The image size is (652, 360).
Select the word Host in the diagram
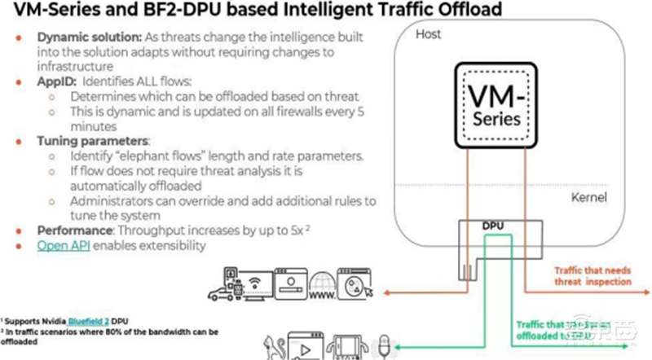click(429, 35)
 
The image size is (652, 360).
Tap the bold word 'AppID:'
click(55, 83)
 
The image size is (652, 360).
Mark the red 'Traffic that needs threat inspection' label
click(593, 275)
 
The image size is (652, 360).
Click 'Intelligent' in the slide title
click(312, 11)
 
